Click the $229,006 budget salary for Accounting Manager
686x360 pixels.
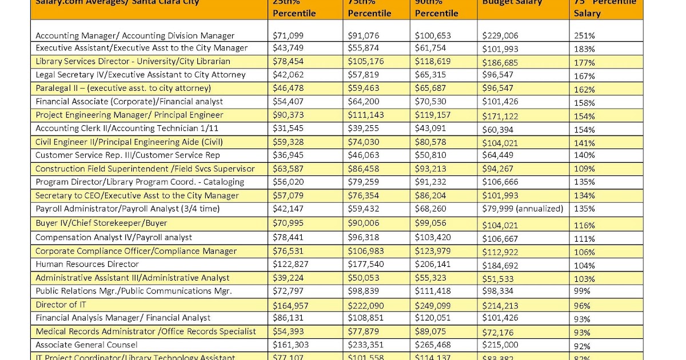[x=501, y=35]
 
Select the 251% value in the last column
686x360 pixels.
[x=584, y=35]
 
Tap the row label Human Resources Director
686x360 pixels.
[x=87, y=264]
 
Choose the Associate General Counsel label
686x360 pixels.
[x=86, y=345]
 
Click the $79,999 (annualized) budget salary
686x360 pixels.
[x=523, y=209]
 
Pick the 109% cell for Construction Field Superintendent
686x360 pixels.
[x=584, y=169]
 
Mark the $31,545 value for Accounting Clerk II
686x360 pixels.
[x=289, y=129]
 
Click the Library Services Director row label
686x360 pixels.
[x=133, y=61]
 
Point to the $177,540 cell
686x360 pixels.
[x=366, y=264]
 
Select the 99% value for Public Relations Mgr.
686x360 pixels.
[x=582, y=291]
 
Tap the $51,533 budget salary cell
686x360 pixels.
[x=497, y=278]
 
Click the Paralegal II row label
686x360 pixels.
[x=123, y=88]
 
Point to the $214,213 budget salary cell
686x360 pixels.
[x=501, y=305]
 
